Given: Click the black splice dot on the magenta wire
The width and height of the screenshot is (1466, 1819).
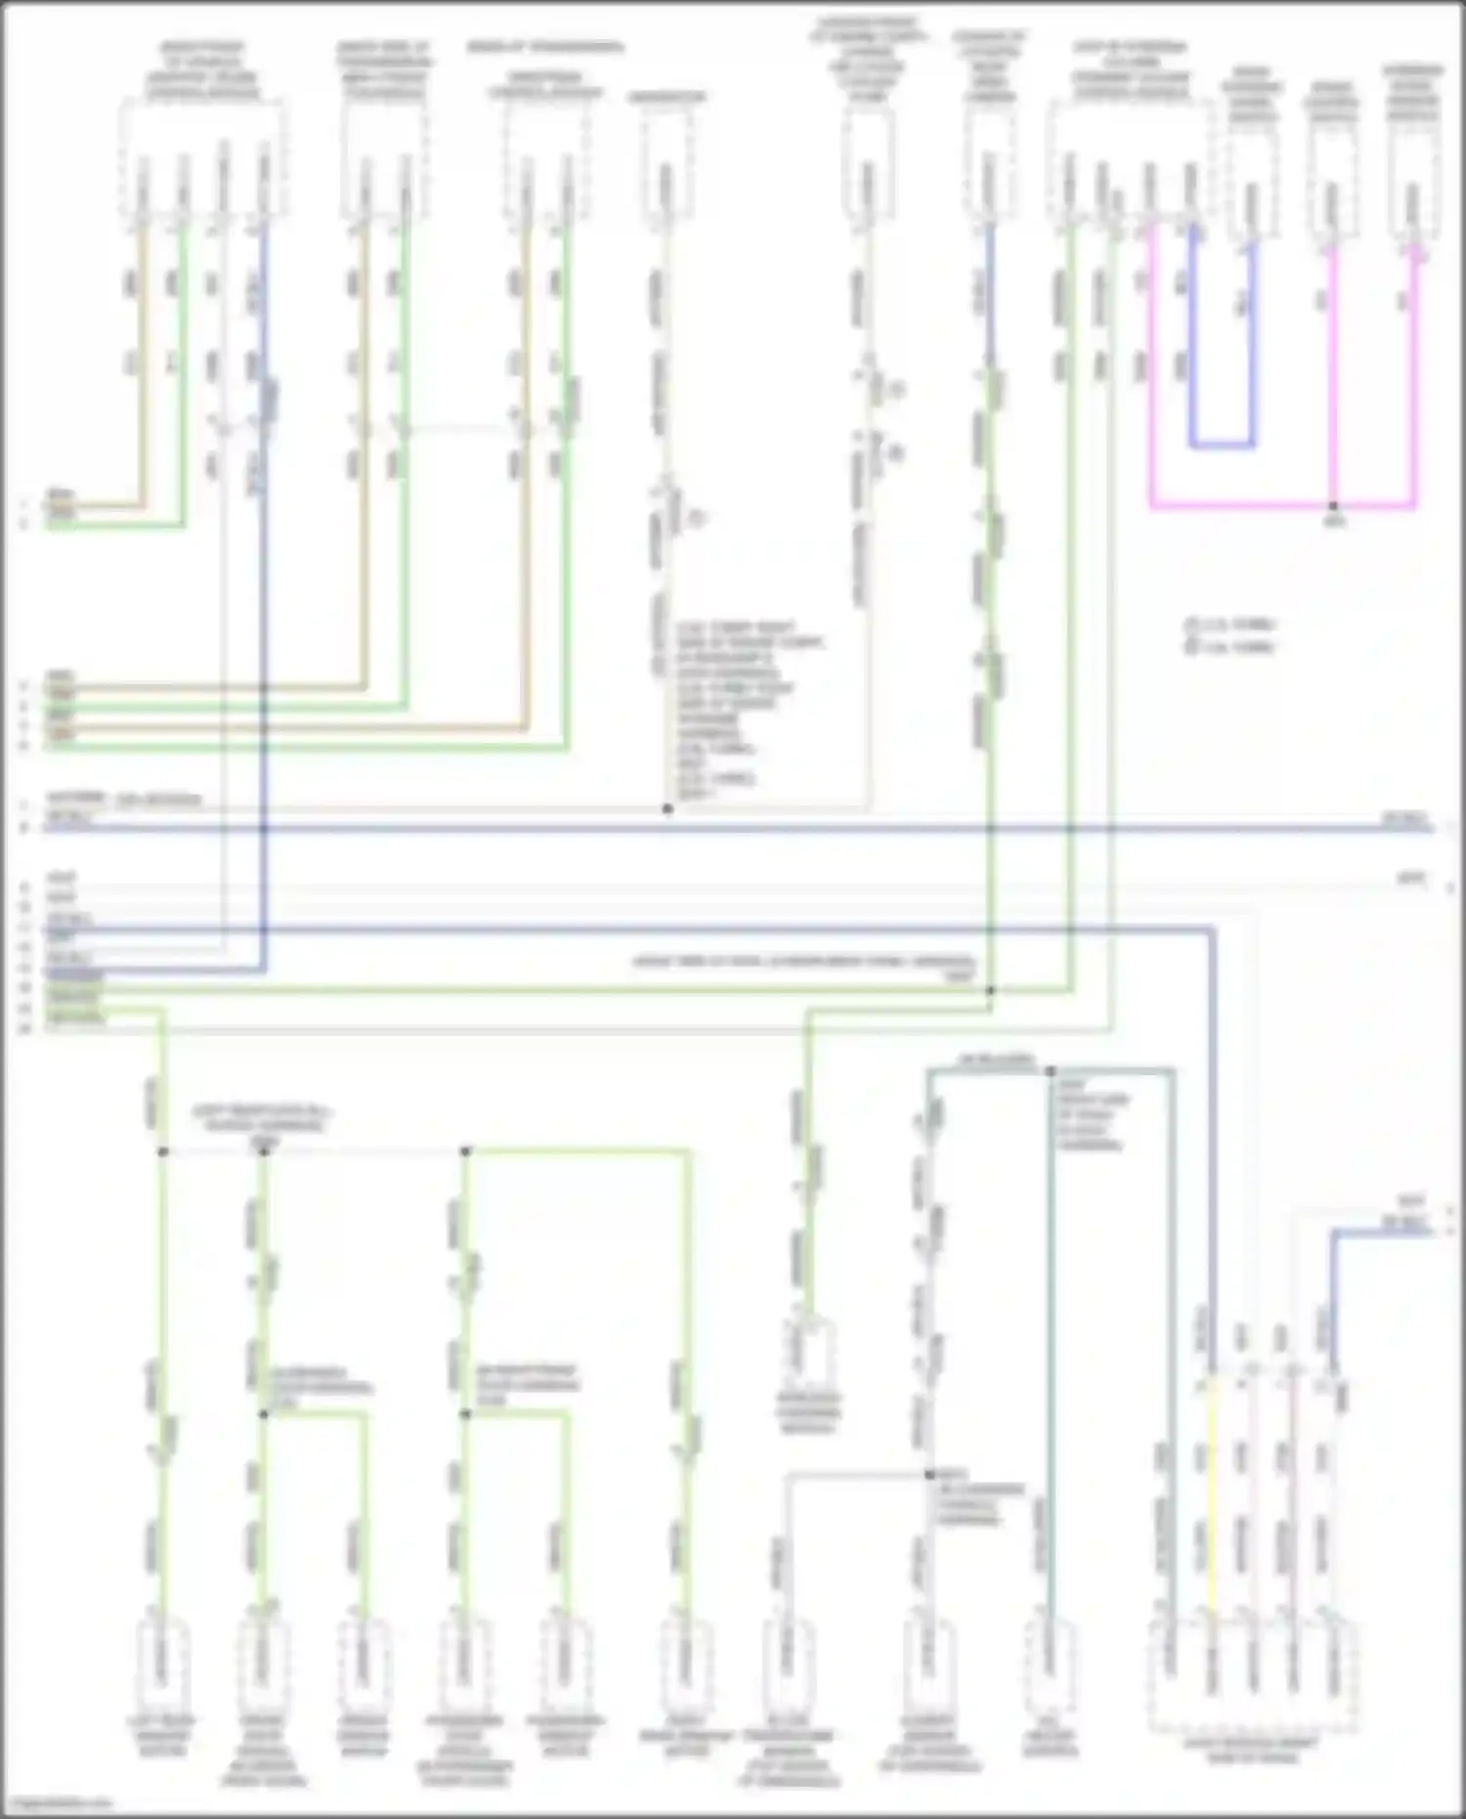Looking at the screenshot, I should (x=1333, y=506).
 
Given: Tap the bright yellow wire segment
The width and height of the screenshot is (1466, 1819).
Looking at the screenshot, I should (x=1211, y=1495).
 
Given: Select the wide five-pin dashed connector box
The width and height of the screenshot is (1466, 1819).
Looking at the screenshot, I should (x=1252, y=1673).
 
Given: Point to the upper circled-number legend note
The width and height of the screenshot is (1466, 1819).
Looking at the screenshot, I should (x=1230, y=625).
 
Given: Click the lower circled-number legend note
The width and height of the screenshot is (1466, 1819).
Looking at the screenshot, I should (x=1230, y=647).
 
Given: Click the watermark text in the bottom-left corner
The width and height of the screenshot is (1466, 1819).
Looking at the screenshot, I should (x=57, y=1802).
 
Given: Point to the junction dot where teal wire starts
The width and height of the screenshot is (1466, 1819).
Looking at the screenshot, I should (x=1050, y=1071).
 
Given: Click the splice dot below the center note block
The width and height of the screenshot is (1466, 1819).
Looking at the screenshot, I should (x=668, y=808).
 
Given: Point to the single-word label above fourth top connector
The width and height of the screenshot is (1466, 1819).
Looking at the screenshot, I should (x=668, y=97).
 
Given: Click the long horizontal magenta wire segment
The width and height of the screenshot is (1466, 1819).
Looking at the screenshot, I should (x=1280, y=506).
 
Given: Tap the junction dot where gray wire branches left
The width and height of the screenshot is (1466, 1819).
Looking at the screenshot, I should (x=929, y=1475).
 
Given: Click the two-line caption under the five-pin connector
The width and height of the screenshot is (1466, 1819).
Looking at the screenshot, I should (x=1252, y=1751).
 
